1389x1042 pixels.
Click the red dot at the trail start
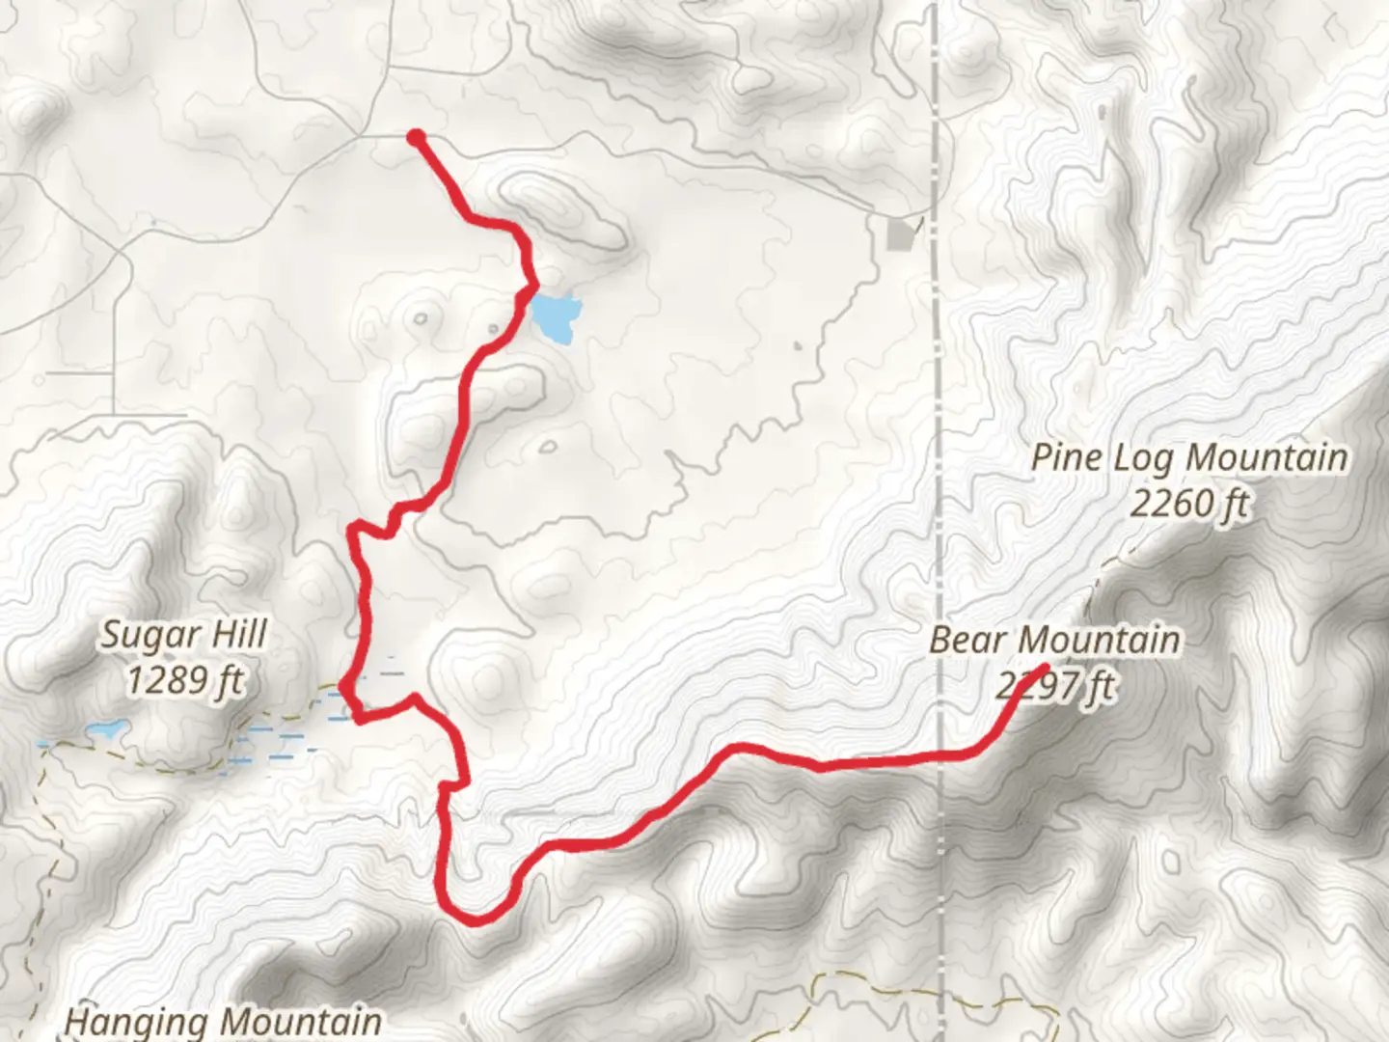416,138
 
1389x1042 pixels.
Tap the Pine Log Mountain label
1189,457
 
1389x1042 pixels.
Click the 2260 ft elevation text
1189,504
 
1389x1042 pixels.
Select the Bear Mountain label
1054,640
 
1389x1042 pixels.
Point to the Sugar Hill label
184,636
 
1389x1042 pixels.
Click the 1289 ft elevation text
184,681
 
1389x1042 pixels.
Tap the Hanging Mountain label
223,1022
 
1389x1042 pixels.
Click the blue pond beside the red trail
557,317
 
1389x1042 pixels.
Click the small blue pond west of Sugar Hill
106,729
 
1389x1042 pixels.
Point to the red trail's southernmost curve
477,919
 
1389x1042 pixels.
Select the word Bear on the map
970,640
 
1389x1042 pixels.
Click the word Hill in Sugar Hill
240,636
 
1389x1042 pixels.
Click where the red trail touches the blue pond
533,289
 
